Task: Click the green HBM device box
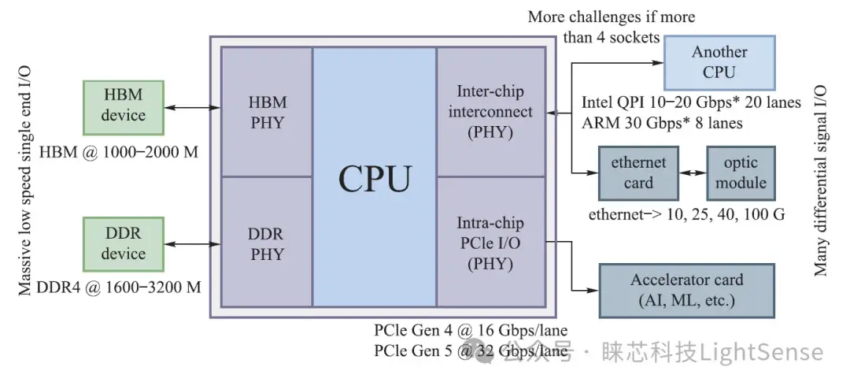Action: (124, 106)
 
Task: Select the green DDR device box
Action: (124, 244)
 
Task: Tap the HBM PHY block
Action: (267, 112)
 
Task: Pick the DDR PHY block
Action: (267, 244)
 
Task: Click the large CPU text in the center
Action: (375, 180)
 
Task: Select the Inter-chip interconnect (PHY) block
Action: (490, 112)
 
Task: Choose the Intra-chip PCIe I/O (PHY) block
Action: (490, 244)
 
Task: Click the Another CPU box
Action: (719, 62)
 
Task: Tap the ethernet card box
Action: (638, 173)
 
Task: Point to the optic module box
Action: (740, 173)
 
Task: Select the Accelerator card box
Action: (686, 290)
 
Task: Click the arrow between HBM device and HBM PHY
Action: (193, 106)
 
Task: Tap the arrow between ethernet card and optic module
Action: (692, 173)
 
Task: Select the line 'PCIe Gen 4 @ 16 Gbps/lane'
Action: (471, 330)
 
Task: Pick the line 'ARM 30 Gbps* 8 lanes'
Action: (662, 123)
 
